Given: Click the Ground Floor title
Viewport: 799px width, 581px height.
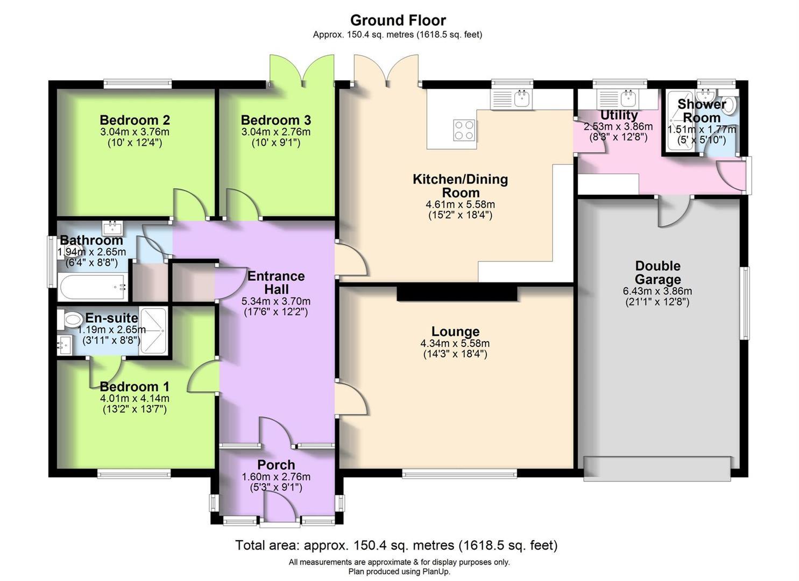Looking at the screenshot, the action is click(398, 20).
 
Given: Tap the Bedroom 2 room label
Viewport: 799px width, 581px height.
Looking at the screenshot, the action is click(135, 120).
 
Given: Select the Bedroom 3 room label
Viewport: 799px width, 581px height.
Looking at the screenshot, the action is click(275, 120).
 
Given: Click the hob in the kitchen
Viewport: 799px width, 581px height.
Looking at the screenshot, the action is click(464, 130).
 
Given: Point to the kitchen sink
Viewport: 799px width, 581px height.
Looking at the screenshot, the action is click(511, 98).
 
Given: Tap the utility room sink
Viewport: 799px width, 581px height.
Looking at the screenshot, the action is click(618, 98).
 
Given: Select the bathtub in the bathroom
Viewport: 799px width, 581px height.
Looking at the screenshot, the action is click(93, 287).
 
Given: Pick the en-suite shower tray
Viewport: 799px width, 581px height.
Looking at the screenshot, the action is click(153, 331).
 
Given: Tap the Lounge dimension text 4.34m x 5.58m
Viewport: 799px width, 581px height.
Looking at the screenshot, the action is click(455, 343).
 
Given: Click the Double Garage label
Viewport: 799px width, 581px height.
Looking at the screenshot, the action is click(657, 273).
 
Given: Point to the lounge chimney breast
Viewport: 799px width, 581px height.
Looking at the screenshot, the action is click(457, 293).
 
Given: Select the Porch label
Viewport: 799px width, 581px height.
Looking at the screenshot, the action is click(276, 465).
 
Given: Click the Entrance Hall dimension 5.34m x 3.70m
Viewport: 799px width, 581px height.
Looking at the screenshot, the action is click(275, 301).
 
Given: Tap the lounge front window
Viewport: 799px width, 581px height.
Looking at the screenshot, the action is click(459, 473).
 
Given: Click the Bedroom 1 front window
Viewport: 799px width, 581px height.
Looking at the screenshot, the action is click(134, 473).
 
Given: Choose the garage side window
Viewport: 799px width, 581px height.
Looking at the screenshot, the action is click(745, 303).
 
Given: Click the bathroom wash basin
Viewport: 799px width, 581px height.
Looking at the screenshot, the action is click(112, 227).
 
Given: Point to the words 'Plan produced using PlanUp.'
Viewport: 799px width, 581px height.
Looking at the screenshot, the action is click(399, 572).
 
